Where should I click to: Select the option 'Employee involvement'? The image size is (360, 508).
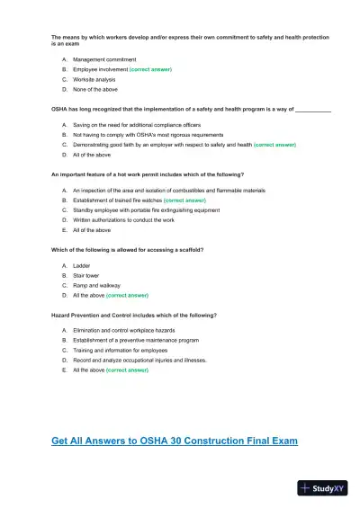point(100,69)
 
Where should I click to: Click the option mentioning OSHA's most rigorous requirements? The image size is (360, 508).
point(144,134)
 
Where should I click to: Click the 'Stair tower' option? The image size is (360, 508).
point(87,275)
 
